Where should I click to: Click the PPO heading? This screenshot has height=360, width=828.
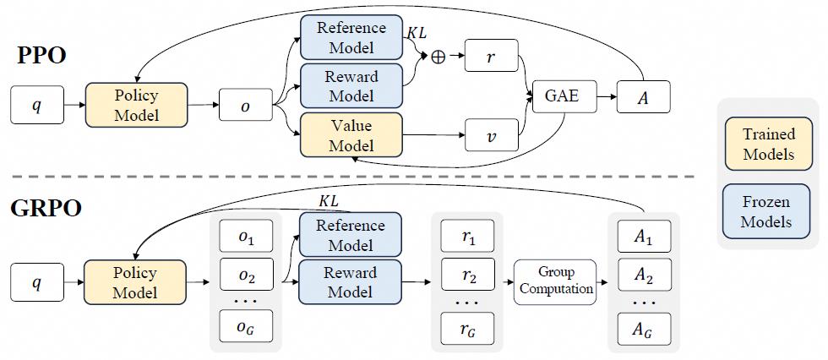point(41,56)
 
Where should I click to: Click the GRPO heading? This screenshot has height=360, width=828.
point(46,209)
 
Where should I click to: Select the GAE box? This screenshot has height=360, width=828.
point(564,96)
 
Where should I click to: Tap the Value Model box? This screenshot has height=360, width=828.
point(351,135)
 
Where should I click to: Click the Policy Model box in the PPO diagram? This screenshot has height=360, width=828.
point(136,105)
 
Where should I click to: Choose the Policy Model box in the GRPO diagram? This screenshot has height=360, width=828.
point(136,282)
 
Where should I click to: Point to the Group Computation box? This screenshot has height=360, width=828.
point(555,281)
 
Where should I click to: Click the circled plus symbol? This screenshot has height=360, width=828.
point(439,57)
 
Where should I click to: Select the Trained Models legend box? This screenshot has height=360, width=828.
point(768,144)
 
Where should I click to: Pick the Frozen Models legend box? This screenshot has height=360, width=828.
point(768,210)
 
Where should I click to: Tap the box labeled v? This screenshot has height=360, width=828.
point(492,136)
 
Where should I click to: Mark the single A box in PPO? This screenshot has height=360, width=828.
point(644,96)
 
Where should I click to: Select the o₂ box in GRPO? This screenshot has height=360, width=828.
point(246,275)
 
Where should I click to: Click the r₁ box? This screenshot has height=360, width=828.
point(467,236)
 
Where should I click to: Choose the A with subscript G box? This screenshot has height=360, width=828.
point(644,329)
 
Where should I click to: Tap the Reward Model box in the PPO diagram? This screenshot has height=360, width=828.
point(351,86)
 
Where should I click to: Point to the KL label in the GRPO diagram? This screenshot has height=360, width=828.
point(329,201)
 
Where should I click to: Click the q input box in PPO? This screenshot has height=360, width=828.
point(37,105)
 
